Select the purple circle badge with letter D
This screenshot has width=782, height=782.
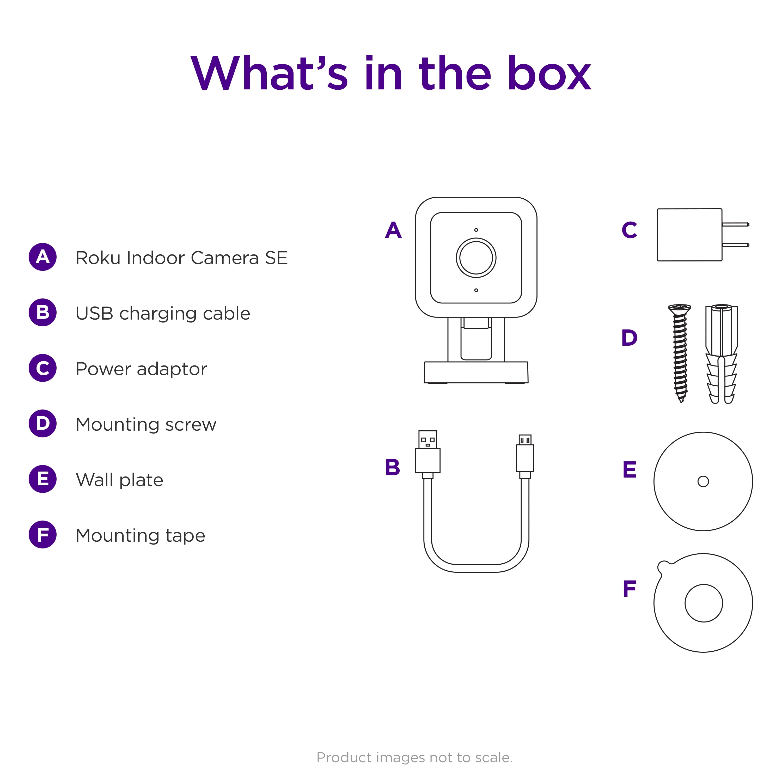pyautogui.click(x=42, y=423)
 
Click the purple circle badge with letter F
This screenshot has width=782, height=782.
pyautogui.click(x=42, y=534)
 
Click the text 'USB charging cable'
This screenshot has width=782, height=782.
pyautogui.click(x=163, y=314)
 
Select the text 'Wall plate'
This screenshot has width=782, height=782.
pyautogui.click(x=119, y=480)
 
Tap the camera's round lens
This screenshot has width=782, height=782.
pyautogui.click(x=476, y=258)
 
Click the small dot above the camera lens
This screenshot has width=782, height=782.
pyautogui.click(x=476, y=230)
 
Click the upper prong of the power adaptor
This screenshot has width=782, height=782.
pyautogui.click(x=735, y=224)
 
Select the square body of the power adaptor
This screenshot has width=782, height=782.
pyautogui.click(x=689, y=235)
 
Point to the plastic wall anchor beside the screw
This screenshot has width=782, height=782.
pyautogui.click(x=721, y=354)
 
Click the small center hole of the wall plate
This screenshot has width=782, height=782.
pyautogui.click(x=703, y=481)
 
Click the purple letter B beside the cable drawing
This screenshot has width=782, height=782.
pyautogui.click(x=392, y=467)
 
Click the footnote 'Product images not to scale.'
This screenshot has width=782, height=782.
pyautogui.click(x=414, y=757)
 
